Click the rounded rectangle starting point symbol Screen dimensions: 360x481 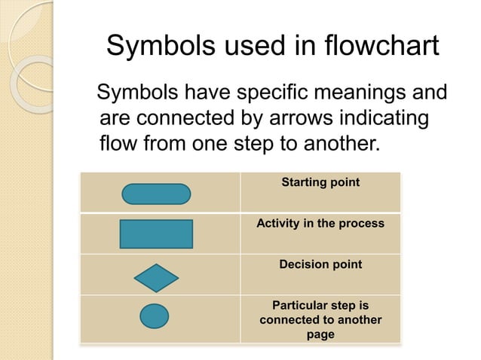(156, 194)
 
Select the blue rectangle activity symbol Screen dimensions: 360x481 (156, 233)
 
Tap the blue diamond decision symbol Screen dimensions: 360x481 (156, 278)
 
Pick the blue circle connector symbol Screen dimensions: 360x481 (155, 316)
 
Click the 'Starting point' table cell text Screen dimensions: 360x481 (320, 182)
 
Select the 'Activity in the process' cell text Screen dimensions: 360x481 (320, 224)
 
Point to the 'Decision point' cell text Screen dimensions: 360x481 (320, 264)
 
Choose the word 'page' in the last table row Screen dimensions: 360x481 (320, 334)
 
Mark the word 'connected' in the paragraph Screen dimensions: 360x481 (193, 118)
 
